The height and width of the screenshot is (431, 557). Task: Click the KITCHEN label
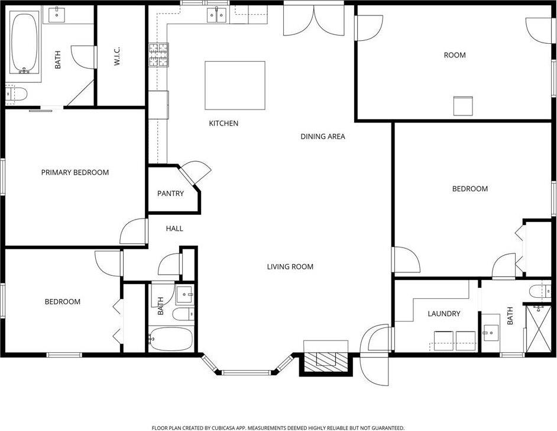coord(224,124)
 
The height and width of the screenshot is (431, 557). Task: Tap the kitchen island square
coord(235,85)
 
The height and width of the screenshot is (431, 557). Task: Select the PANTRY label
coord(170,194)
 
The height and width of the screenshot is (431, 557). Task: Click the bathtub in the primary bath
coord(24,44)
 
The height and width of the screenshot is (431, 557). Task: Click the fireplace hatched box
coord(326,359)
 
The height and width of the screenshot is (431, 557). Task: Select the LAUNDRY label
coord(443,314)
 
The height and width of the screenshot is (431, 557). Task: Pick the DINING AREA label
coord(322,137)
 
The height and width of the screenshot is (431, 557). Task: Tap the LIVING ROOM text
coord(290,267)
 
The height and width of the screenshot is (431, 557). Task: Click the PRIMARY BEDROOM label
coord(75,173)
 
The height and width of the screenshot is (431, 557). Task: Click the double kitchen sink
coord(217,15)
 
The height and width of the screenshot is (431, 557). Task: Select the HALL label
coord(174,229)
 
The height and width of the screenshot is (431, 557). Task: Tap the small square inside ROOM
coord(464,106)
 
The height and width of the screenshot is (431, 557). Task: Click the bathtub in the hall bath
coord(170,339)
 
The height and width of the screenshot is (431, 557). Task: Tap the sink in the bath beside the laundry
coord(491,332)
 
